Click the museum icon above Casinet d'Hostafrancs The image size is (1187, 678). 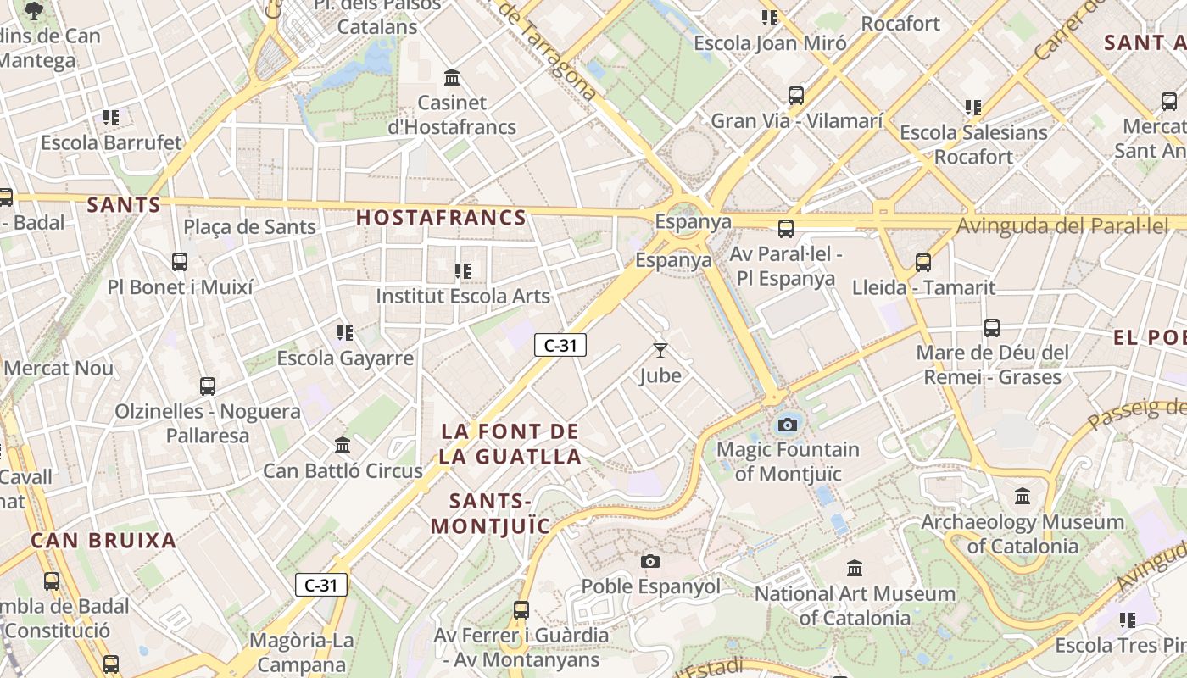coord(452,78)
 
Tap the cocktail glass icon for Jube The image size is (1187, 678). coord(660,350)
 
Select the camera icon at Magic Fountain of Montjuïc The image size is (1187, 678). coord(788,425)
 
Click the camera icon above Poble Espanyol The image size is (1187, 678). coord(650,561)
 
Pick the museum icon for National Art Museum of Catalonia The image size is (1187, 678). coord(855,568)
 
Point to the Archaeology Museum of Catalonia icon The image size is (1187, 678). coord(1023,496)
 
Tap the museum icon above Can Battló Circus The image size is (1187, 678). coord(343,445)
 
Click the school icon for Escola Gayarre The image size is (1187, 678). coord(344,333)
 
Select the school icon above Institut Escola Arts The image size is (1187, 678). coord(462,271)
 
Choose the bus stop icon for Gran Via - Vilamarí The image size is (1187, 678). coord(796,96)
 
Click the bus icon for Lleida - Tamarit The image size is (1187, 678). coord(923,263)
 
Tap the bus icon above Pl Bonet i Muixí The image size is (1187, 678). coord(180,262)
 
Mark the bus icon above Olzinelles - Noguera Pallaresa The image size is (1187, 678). coord(208,386)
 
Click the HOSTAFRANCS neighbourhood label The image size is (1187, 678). coord(441,218)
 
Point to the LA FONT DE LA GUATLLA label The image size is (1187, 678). coord(510,444)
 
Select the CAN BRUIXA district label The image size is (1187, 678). coord(103,541)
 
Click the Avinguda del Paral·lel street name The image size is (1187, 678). coord(1062,226)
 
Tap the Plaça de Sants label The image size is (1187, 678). coord(250,227)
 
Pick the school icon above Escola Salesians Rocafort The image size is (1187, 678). coord(972,108)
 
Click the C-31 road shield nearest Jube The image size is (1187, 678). coord(560,345)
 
